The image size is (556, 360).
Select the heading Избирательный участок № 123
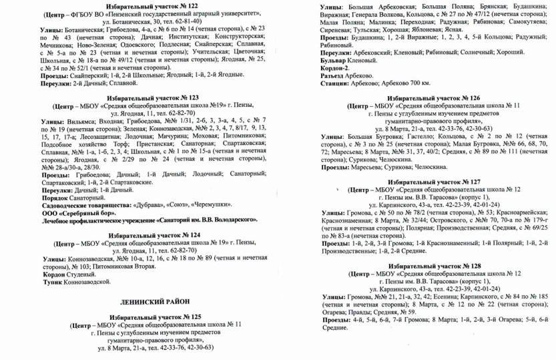coord(145,97)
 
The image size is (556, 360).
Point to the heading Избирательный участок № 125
coord(145,315)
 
